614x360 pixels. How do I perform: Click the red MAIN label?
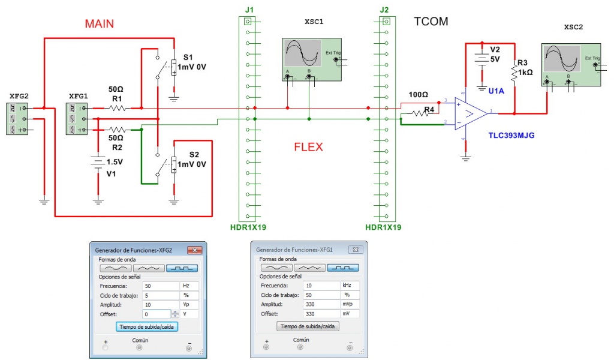100,24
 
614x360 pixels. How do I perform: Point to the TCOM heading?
431,22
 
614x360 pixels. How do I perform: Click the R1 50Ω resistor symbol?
117,108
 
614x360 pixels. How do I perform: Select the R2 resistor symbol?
117,130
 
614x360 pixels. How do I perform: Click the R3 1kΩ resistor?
514,74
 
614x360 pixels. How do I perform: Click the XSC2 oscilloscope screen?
561,59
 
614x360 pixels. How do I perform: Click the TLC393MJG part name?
511,136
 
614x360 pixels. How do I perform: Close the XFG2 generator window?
195,250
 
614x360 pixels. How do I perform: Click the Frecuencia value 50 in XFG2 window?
161,286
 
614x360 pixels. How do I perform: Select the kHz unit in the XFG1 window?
350,286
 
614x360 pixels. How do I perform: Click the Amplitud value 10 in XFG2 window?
161,305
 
